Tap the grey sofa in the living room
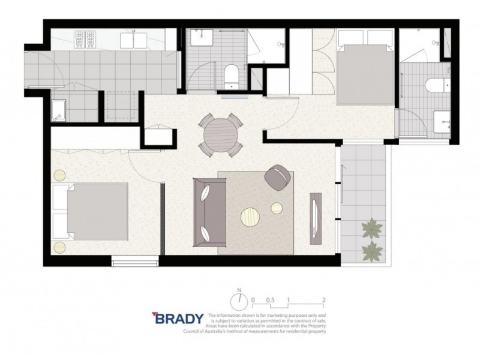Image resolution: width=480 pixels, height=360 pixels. click(x=208, y=211)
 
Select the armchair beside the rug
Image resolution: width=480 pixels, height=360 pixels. click(x=277, y=176)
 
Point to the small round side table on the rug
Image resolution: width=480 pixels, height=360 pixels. click(x=277, y=208)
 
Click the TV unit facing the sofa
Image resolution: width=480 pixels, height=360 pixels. click(x=316, y=217)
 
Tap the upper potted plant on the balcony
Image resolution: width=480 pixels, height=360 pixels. click(x=371, y=228)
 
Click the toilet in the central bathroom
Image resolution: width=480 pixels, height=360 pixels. click(x=232, y=76)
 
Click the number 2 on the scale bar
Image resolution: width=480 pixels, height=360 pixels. click(x=324, y=299)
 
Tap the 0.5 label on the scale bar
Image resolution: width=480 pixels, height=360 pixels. click(x=271, y=299)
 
